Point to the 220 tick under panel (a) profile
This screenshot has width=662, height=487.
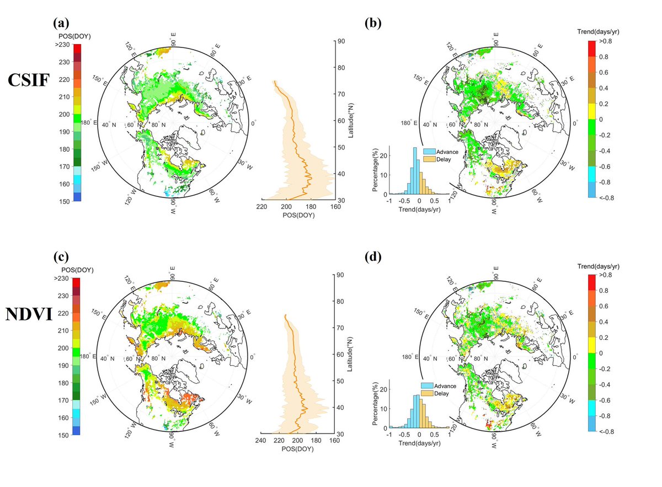pyautogui.click(x=262, y=207)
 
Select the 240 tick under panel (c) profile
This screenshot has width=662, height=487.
pyautogui.click(x=261, y=440)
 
